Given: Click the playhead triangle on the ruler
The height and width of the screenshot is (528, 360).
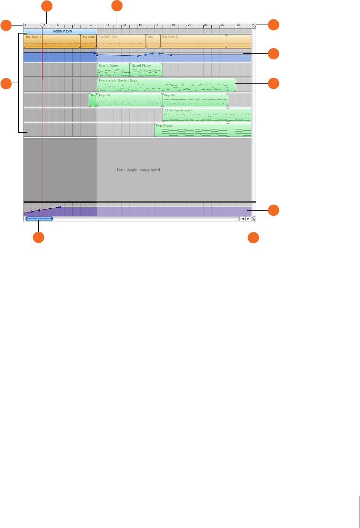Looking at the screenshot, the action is [x=43, y=25].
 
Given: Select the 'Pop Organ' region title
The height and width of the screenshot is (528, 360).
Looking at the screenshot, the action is [x=164, y=126].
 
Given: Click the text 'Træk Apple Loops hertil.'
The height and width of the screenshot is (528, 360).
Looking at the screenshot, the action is [x=138, y=169].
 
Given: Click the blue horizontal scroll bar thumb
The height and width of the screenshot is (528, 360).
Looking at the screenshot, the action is [x=39, y=219].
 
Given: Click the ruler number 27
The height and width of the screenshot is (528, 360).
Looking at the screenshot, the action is [x=239, y=25].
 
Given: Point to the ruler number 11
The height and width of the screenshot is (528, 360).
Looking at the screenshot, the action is [x=108, y=25].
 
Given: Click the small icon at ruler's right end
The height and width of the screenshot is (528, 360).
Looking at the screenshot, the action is [x=254, y=26].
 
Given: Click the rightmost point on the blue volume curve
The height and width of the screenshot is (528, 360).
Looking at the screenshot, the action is [x=171, y=55].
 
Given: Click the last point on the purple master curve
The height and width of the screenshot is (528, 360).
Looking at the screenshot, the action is [x=60, y=207].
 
